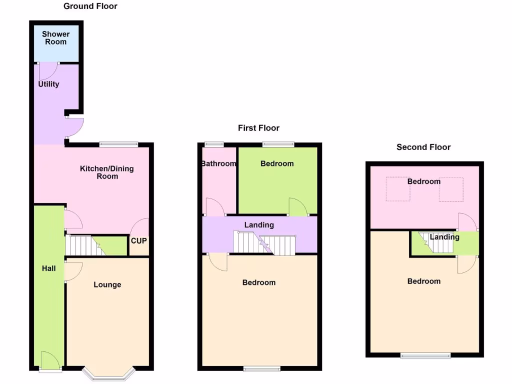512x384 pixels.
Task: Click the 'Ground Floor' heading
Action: (90, 6)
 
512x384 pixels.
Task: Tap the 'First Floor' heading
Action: (258, 128)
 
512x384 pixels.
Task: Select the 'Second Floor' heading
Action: (423, 147)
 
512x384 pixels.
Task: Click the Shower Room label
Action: (55, 38)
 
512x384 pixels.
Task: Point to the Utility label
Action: (48, 84)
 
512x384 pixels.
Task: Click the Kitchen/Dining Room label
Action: (107, 172)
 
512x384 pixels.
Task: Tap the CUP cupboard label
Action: (139, 240)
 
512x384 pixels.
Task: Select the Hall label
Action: (48, 268)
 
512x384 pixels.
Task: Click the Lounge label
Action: (107, 284)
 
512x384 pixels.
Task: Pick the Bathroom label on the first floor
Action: (218, 163)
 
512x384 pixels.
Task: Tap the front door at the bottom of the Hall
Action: (50, 362)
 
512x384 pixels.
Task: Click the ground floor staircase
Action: (82, 245)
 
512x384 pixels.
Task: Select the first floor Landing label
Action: (259, 225)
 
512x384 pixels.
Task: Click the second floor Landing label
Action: (444, 237)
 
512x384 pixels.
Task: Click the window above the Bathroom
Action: (214, 144)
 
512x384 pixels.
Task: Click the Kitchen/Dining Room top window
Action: (118, 144)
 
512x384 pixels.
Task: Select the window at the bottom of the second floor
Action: (425, 355)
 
